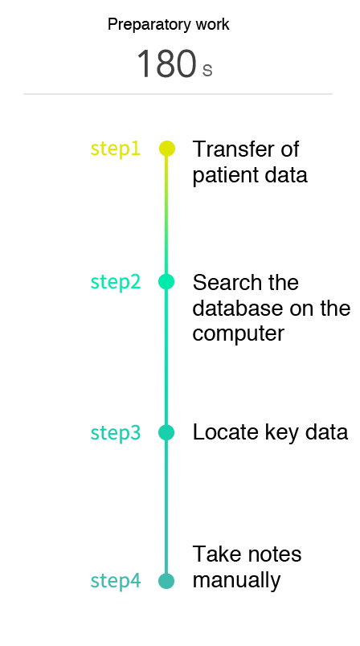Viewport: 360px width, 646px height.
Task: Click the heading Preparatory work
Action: pos(168,25)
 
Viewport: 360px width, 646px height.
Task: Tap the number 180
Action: pos(166,63)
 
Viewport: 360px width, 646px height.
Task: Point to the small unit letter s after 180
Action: pos(207,70)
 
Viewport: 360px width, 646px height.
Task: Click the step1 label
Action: pos(116,149)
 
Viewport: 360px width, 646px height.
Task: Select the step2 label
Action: pos(116,282)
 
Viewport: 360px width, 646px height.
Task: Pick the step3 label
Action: pos(116,432)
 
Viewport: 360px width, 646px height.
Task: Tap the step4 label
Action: pos(116,580)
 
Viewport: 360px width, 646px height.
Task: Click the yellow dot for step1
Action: pos(167,149)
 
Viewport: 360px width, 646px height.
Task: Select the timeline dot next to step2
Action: pos(166,282)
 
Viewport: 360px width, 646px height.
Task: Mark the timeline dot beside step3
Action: pos(166,432)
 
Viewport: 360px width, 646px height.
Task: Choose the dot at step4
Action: pos(166,581)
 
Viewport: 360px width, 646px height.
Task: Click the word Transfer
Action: pos(234,149)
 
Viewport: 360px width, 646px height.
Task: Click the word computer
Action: pos(238,334)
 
